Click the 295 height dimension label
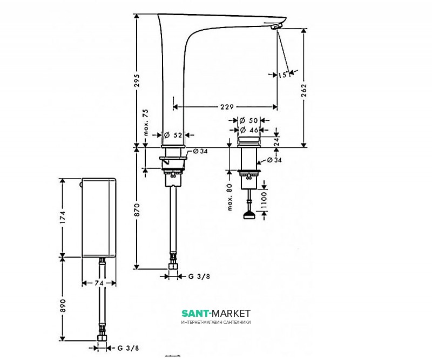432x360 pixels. tap(137, 80)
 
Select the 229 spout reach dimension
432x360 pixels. tap(227, 106)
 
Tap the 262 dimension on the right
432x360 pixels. tap(303, 90)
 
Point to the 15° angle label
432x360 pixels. tap(283, 74)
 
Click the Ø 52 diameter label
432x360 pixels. tap(173, 135)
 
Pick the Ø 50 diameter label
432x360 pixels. tap(248, 120)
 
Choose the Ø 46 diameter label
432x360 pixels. tap(249, 130)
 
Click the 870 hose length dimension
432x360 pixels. tap(137, 209)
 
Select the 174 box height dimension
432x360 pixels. tap(63, 217)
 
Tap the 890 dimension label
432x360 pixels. tap(63, 305)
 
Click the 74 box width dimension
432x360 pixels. tap(99, 283)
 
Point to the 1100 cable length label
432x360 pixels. tap(264, 200)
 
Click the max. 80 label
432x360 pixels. tap(230, 197)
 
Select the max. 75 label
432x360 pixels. tap(146, 123)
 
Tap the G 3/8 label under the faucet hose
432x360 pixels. tap(199, 276)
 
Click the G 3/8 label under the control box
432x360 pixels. tap(128, 348)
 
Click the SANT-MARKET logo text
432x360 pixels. tap(216, 313)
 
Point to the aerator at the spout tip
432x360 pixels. tap(276, 26)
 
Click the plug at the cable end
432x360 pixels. tap(249, 215)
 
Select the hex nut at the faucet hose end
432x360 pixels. tap(173, 266)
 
